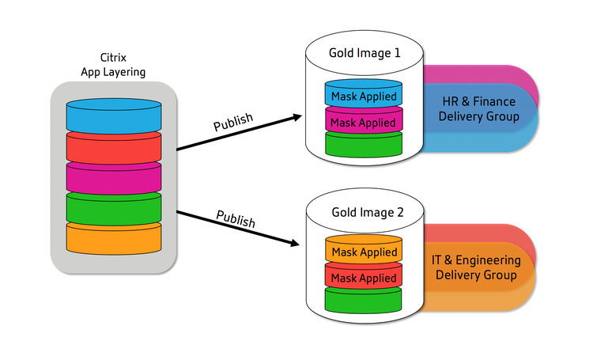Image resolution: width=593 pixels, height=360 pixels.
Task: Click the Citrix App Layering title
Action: click(x=113, y=65)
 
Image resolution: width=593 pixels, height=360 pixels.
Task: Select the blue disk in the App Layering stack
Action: click(x=114, y=116)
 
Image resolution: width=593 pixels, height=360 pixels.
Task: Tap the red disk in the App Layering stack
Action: click(x=114, y=148)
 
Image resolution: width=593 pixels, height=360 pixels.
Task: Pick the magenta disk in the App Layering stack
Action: click(x=114, y=178)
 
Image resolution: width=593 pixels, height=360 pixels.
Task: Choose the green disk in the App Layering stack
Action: click(x=114, y=209)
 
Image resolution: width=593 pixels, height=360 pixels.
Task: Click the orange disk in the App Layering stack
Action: click(x=114, y=238)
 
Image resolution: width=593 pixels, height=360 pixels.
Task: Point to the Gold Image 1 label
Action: click(x=364, y=53)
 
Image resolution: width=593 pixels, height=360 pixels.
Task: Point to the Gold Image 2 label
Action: click(x=368, y=212)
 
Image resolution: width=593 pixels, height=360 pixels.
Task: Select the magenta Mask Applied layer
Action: click(x=364, y=120)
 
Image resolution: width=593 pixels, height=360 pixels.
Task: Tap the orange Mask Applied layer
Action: click(x=364, y=249)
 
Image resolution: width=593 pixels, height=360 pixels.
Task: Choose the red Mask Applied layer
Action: click(x=364, y=276)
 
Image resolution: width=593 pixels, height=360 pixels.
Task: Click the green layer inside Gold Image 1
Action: click(x=364, y=144)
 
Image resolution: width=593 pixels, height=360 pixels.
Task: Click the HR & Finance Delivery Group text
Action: click(x=479, y=108)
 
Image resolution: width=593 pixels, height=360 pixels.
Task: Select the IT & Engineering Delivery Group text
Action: click(x=476, y=267)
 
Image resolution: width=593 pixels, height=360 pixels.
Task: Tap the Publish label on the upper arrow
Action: click(x=233, y=122)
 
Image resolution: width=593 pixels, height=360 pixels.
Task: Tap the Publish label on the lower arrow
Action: click(x=236, y=219)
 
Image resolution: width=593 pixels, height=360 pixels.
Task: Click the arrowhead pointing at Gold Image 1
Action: click(x=297, y=117)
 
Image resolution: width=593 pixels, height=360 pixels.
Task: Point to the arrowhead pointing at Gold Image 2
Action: click(x=295, y=243)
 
